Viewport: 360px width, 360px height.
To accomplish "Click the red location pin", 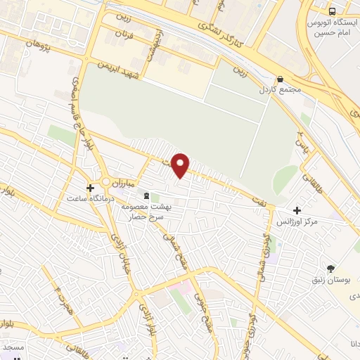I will (181, 165).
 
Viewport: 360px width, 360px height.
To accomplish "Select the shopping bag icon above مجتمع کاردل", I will (280, 79).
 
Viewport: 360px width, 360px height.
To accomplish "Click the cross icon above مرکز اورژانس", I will (297, 210).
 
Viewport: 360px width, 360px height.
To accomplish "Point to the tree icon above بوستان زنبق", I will (331, 268).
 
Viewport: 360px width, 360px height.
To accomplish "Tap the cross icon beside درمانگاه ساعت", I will (89, 188).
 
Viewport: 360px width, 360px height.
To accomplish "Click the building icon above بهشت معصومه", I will (146, 195).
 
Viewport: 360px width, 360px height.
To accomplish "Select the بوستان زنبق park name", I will (329, 280).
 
